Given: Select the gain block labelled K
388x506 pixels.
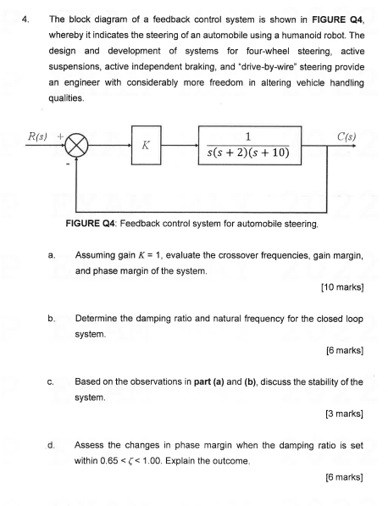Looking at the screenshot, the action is coord(146,145).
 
